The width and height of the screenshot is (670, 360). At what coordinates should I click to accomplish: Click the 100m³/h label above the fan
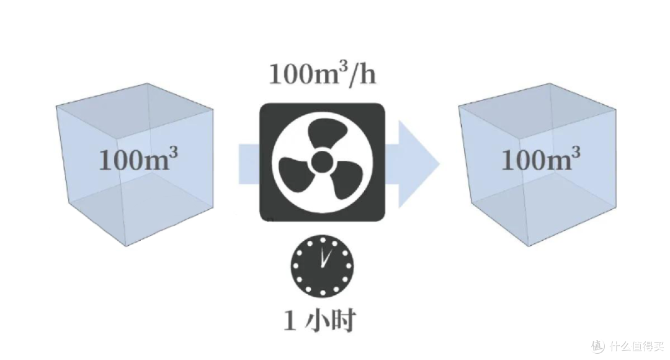point(323,75)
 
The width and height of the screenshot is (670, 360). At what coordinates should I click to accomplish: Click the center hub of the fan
point(322,161)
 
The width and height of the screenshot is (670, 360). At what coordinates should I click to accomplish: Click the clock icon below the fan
point(322,266)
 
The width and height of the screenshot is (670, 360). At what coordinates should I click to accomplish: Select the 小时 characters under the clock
point(330,320)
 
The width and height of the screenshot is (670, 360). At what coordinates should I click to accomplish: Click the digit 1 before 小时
point(290,321)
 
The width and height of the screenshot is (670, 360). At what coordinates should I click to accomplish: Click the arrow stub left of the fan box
point(249,164)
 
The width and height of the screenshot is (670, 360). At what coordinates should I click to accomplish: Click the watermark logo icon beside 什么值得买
point(598,346)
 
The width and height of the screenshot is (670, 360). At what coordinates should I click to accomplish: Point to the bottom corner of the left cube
point(126,246)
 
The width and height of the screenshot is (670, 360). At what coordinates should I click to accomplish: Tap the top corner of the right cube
point(550,83)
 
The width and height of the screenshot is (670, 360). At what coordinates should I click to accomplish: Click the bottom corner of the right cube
point(529,246)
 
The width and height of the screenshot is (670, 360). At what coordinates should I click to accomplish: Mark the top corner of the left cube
point(148,83)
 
